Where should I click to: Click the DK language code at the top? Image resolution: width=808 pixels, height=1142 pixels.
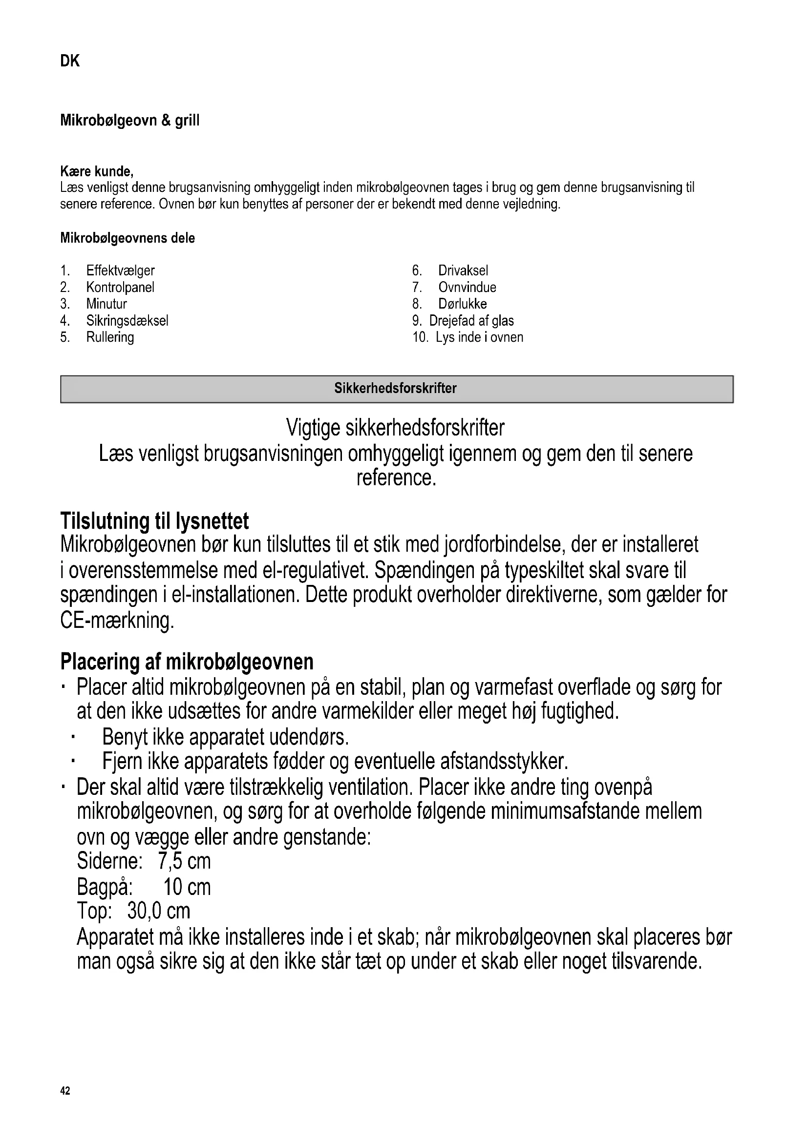coord(70,61)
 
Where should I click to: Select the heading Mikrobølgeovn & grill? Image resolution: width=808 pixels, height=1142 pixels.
coord(129,121)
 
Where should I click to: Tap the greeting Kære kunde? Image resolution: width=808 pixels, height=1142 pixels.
coord(97,171)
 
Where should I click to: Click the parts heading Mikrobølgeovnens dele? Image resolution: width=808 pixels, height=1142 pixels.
coord(128,238)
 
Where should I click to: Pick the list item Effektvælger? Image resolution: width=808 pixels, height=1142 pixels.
coord(120,270)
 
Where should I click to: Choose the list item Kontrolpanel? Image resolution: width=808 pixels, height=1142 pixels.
coord(120,288)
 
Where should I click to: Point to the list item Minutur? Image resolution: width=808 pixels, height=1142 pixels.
coord(106,304)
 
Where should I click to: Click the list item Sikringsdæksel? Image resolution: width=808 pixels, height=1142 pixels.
coord(128,321)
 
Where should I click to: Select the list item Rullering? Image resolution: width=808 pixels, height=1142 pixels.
coord(110,337)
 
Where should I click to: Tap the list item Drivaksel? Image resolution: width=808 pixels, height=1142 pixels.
coord(463,270)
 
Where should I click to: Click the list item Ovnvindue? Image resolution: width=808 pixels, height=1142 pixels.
coord(467,288)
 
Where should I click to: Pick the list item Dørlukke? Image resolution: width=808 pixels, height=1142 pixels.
coord(462,304)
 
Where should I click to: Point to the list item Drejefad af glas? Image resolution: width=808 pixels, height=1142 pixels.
coord(471,321)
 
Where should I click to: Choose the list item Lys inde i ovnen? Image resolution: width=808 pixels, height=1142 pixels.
coord(479,337)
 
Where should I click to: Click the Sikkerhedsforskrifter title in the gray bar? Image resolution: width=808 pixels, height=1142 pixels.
coord(395,389)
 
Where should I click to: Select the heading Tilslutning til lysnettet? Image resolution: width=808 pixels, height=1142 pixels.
coord(154,521)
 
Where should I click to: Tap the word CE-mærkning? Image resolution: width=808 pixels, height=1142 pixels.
coord(117,621)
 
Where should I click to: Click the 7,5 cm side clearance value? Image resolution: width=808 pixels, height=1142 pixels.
coord(184,861)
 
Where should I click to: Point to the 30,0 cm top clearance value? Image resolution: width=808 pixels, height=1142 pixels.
coord(159,911)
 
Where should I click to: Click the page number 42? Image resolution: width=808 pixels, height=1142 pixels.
coord(65,1091)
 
